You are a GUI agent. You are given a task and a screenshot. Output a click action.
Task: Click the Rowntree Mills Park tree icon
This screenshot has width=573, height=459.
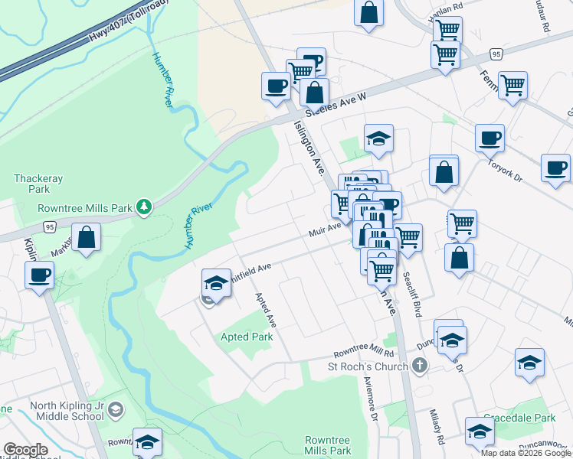[x=142, y=207]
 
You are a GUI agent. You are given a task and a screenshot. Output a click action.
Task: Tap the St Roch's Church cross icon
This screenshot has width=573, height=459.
[x=418, y=366]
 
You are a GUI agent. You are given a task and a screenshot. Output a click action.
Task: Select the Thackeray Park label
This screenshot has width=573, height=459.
[x=31, y=183]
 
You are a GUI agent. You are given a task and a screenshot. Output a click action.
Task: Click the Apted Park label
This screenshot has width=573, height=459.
[x=247, y=337]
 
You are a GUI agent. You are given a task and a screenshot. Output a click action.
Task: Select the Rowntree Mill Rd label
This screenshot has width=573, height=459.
[x=363, y=353]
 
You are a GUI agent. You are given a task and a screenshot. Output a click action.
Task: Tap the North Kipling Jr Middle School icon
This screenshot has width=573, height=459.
[x=116, y=411]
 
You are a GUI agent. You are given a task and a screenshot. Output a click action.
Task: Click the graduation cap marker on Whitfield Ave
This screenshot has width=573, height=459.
[x=216, y=282]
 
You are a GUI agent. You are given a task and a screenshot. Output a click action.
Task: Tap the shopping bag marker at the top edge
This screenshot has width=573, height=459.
[x=368, y=13]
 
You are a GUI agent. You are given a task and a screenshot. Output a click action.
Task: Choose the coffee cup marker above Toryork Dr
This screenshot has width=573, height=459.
[x=490, y=138]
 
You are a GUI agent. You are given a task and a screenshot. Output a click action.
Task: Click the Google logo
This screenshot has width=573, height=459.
[x=25, y=450]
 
